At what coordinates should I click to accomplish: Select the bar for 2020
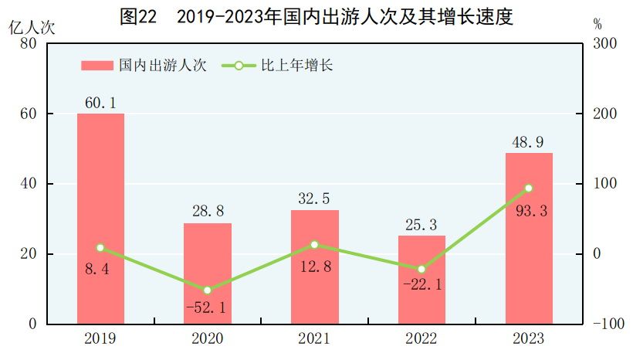point(208,273)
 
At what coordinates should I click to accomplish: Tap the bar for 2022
point(421,280)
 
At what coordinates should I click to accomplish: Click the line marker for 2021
point(314,245)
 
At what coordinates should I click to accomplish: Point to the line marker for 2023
point(529,188)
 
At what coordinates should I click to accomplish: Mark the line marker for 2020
point(208,290)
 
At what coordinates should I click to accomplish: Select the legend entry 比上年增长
point(278,66)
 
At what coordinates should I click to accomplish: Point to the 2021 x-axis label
point(314,339)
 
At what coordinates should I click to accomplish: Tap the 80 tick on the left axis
point(29,44)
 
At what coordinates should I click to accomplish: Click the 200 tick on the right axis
point(604,114)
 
